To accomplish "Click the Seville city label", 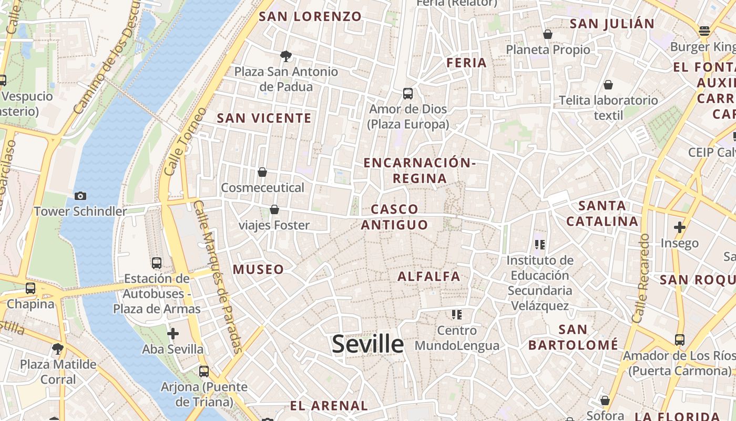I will coord(368,344).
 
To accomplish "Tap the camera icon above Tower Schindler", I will coord(80,196).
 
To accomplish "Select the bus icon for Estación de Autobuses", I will coord(156,263).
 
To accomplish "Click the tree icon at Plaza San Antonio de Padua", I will coord(286,56).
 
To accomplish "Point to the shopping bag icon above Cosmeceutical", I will coord(262,172).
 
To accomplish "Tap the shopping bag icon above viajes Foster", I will coord(274,209).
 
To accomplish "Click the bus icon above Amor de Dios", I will coord(407,94).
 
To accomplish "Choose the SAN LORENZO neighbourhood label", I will coord(310,16).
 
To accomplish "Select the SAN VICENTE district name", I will coord(264,118).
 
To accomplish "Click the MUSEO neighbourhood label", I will coord(258,269).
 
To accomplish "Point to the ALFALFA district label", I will coord(429,276).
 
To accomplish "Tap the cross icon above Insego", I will coord(679,227).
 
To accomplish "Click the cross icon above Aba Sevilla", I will coord(172,334).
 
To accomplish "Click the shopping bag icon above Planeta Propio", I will coord(548,34).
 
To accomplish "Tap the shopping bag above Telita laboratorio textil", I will coord(608,85).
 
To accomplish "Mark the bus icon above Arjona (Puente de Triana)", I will coord(204,372).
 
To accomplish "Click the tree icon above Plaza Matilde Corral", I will coord(58,348).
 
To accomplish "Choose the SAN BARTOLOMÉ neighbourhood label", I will coord(573,337).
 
